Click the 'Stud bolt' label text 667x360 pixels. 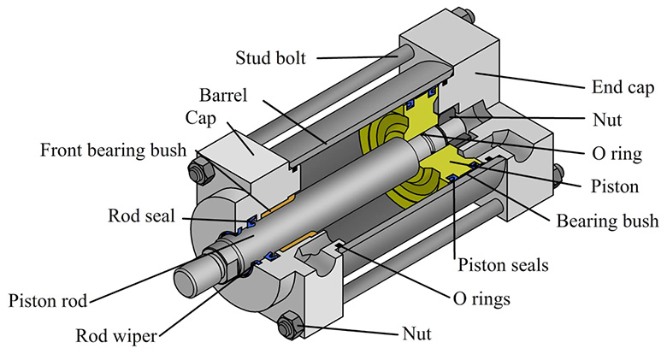pyautogui.click(x=269, y=59)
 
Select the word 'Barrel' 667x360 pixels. pyautogui.click(x=224, y=93)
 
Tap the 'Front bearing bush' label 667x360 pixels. pyautogui.click(x=113, y=151)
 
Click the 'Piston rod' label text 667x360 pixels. pyautogui.click(x=47, y=301)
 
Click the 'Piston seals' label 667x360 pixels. pyautogui.click(x=503, y=264)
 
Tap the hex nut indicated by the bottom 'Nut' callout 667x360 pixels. pyautogui.click(x=288, y=326)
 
